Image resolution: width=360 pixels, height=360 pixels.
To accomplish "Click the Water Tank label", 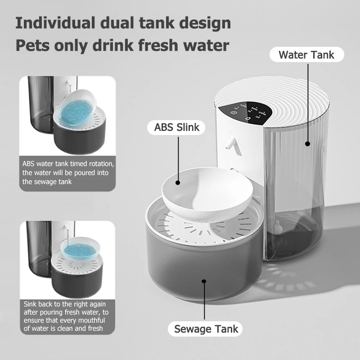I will click(306, 55).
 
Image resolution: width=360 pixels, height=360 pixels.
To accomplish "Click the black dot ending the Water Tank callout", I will click(308, 144).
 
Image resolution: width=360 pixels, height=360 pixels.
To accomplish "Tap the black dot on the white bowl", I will click(178, 183).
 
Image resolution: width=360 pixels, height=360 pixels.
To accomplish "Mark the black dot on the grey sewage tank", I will click(204, 281).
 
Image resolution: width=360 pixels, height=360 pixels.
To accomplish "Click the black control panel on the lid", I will click(249, 111).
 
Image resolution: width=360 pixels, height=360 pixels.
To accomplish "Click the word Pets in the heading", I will click(32, 45).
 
